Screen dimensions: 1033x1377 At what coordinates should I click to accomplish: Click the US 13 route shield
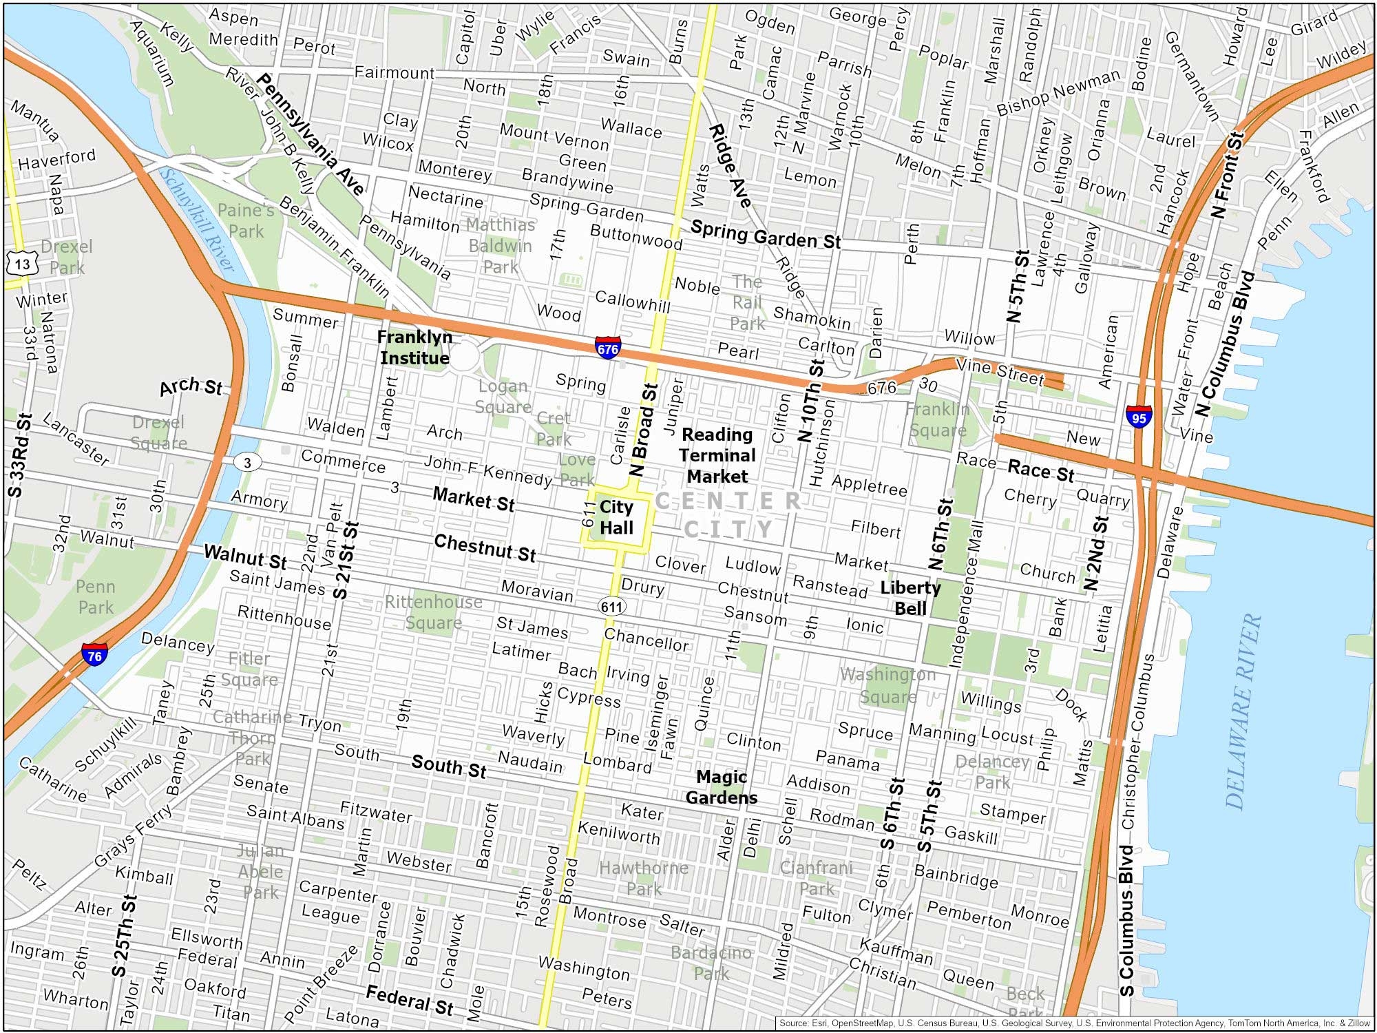(x=21, y=264)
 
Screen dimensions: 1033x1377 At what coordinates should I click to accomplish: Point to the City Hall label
(x=616, y=518)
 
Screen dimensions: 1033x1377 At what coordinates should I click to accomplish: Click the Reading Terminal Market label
(x=717, y=455)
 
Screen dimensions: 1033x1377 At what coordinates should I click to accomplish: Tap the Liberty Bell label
(x=910, y=598)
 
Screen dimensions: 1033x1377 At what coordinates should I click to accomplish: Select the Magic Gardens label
(x=721, y=787)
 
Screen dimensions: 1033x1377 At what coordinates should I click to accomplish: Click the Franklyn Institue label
(x=414, y=348)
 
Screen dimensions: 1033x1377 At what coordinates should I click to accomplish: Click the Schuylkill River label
(x=197, y=220)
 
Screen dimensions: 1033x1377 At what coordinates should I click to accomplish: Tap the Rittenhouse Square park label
(x=433, y=612)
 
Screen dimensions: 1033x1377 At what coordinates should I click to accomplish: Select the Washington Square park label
(x=887, y=685)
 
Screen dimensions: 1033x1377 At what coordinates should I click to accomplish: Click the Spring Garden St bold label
(x=766, y=235)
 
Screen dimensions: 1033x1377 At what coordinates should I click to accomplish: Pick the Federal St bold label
(x=410, y=1000)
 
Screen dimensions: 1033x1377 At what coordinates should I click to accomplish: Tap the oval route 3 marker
(x=247, y=462)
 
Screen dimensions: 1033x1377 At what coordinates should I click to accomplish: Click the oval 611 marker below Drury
(x=611, y=607)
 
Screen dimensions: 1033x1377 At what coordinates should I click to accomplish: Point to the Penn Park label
(x=96, y=597)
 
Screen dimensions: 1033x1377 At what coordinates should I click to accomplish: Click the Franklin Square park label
(x=937, y=419)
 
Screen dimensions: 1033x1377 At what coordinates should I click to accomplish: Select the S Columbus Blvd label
(x=1126, y=921)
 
